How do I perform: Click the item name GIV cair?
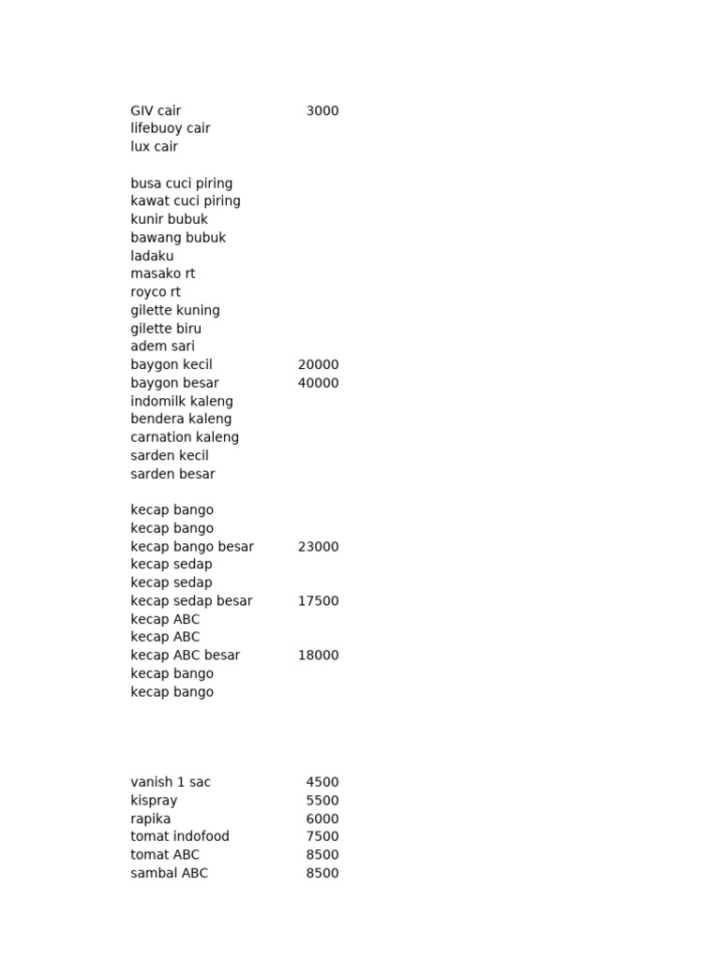click(x=156, y=111)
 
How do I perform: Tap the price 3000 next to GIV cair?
click(x=322, y=111)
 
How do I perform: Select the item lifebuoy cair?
click(x=171, y=128)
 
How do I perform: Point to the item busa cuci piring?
click(x=182, y=184)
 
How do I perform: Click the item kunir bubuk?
click(x=170, y=219)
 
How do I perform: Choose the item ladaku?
click(x=152, y=256)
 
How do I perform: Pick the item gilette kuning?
click(x=175, y=310)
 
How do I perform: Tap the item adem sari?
click(x=163, y=347)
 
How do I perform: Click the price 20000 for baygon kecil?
click(x=318, y=364)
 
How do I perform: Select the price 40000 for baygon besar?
click(x=318, y=383)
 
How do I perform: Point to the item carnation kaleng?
click(x=185, y=437)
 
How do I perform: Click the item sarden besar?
click(x=172, y=474)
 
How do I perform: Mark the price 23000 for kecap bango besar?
click(x=318, y=547)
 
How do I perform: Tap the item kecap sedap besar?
click(x=191, y=601)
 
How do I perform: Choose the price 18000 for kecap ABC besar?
click(x=318, y=656)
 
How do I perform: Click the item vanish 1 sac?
click(x=171, y=782)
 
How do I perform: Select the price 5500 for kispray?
click(x=322, y=801)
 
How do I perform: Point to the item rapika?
click(x=151, y=819)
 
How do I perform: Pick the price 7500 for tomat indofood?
click(x=322, y=836)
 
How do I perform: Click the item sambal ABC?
click(x=170, y=873)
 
